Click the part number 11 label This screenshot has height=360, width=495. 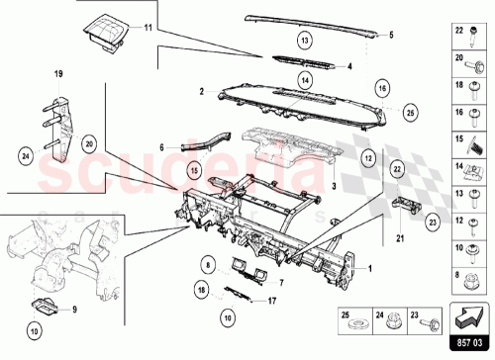coord(148,29)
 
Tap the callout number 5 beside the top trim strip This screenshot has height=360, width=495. coord(390,35)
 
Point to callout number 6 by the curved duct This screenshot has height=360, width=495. coord(160,146)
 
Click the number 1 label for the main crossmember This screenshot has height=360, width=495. coord(371,266)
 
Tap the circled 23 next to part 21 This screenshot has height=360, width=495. coord(433,224)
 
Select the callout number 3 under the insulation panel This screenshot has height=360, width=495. coord(334,185)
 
